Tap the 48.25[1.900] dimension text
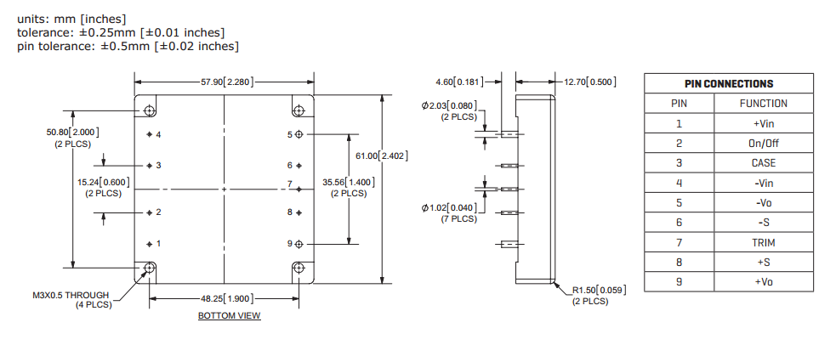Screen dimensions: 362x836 (x=225, y=298)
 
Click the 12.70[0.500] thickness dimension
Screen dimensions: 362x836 (x=589, y=82)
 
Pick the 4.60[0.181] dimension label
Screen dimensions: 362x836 (x=458, y=82)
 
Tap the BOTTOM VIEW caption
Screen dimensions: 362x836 (x=229, y=316)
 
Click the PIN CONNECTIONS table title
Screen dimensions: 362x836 (x=729, y=84)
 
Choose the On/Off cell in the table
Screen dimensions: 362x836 (x=764, y=143)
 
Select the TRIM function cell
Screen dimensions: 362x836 (x=764, y=242)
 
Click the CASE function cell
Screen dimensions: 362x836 (x=764, y=162)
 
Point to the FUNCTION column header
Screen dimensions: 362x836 (x=764, y=104)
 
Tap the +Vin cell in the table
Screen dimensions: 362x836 (x=764, y=123)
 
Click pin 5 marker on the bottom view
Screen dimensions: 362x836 (x=299, y=134)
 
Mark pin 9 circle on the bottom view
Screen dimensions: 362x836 (x=299, y=244)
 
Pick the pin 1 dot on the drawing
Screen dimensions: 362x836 (x=150, y=244)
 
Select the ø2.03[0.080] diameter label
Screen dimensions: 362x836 (x=448, y=106)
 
